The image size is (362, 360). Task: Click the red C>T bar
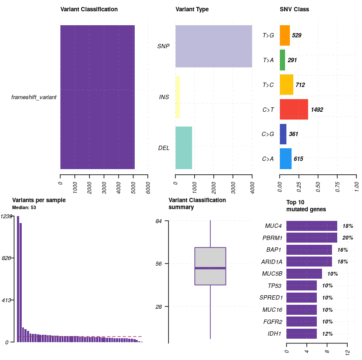pyautogui.click(x=294, y=110)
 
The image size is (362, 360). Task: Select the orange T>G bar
pyautogui.click(x=285, y=35)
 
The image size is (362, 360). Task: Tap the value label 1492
pyautogui.click(x=317, y=110)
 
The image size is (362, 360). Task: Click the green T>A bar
pyautogui.click(x=282, y=60)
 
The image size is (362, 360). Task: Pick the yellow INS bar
pyautogui.click(x=177, y=97)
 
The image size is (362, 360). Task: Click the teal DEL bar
pyautogui.click(x=183, y=148)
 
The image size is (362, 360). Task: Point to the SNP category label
pyautogui.click(x=163, y=46)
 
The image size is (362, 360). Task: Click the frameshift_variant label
pyautogui.click(x=34, y=97)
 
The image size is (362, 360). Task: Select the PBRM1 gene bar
pyautogui.click(x=312, y=238)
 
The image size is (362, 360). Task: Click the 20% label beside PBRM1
pyautogui.click(x=348, y=238)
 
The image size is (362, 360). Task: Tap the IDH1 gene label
pyautogui.click(x=274, y=334)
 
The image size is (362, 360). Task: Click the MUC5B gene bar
pyautogui.click(x=304, y=274)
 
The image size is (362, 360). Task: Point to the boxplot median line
pyautogui.click(x=210, y=268)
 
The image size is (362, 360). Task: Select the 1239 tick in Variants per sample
pyautogui.click(x=7, y=216)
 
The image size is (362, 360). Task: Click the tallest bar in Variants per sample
pyautogui.click(x=18, y=279)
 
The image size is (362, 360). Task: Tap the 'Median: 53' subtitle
pyautogui.click(x=24, y=207)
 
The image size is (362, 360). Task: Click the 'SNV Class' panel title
pyautogui.click(x=294, y=9)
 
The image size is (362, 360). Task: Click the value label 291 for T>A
pyautogui.click(x=292, y=60)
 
